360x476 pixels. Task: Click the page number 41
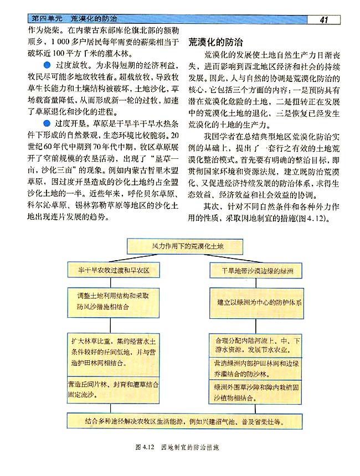[324, 20]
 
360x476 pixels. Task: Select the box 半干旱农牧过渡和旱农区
[114, 271]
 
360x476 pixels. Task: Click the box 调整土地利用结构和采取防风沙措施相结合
[113, 301]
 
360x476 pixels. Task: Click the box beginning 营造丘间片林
[113, 389]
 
